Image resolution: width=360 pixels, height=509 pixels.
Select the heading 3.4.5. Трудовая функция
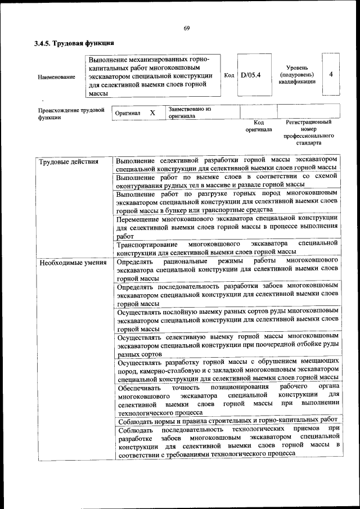coord(74,43)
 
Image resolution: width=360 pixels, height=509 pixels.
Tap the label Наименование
coord(56,77)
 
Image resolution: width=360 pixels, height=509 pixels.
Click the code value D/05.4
coord(250,75)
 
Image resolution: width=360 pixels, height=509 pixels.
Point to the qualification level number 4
coord(331,74)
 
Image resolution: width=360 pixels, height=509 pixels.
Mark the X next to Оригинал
coord(152,112)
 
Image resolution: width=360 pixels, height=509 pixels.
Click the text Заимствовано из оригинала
coord(189,112)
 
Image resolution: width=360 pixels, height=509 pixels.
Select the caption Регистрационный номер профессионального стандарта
coord(309,132)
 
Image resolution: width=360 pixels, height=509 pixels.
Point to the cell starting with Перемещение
coord(227,227)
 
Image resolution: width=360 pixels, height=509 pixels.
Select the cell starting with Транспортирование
coord(227,247)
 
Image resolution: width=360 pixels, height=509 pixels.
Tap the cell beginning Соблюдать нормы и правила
coord(227,420)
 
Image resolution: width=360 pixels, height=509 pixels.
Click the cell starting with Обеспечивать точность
coord(227,400)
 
